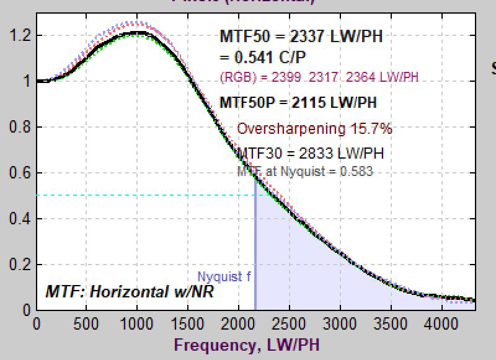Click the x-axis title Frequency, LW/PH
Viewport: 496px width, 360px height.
pos(246,345)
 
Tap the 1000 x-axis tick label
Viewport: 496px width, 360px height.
pos(137,323)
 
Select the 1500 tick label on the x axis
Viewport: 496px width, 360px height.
pos(188,323)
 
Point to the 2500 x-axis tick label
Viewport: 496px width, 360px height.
pos(289,323)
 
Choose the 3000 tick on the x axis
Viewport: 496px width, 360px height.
pos(339,323)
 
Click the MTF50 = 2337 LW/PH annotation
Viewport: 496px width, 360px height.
pos(301,36)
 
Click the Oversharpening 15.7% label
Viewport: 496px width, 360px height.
pos(314,129)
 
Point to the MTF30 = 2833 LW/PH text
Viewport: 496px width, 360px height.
pos(310,153)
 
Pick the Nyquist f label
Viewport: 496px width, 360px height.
pos(224,276)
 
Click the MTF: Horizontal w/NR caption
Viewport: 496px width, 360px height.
pos(130,291)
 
